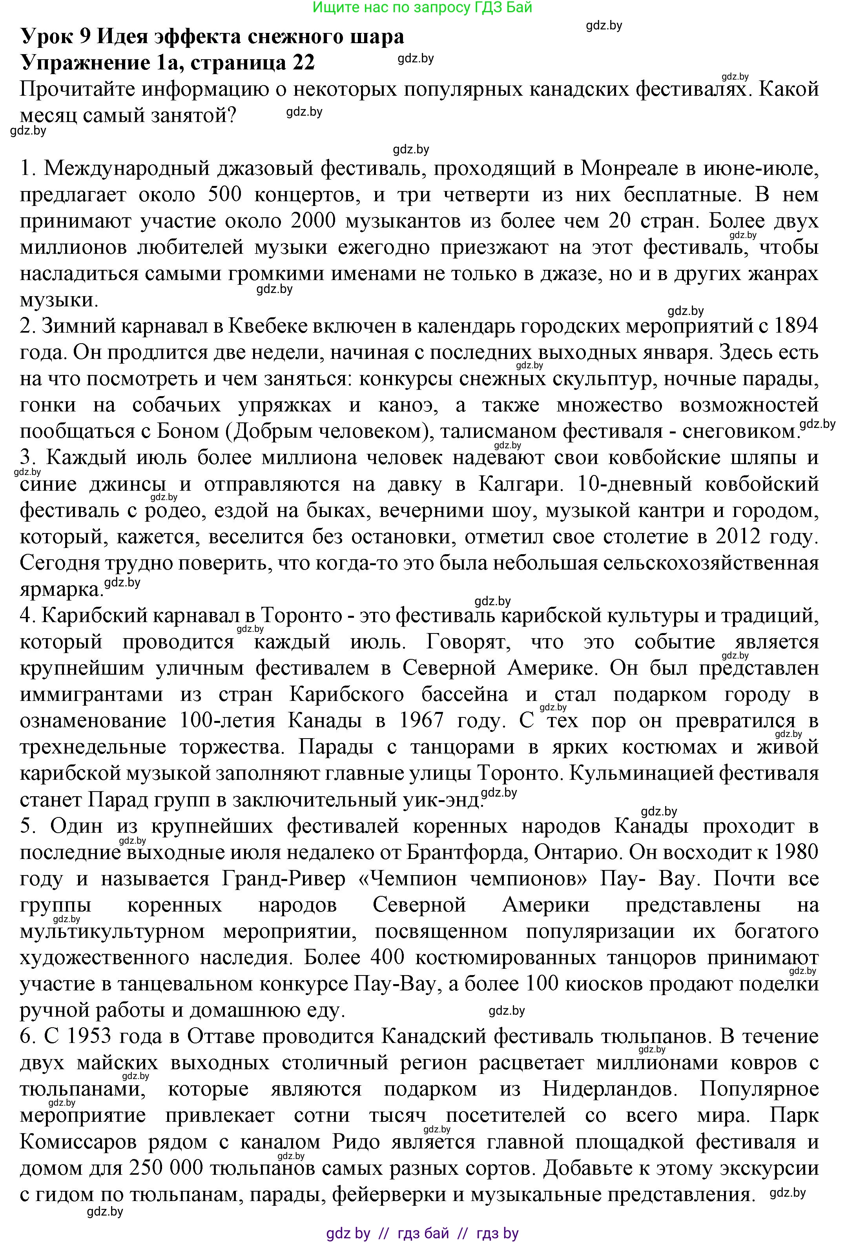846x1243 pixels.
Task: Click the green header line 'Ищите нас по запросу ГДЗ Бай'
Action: [422, 7]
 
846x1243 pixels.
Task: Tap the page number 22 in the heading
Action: [302, 63]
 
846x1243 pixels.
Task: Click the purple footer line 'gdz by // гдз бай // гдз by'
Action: [422, 1230]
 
